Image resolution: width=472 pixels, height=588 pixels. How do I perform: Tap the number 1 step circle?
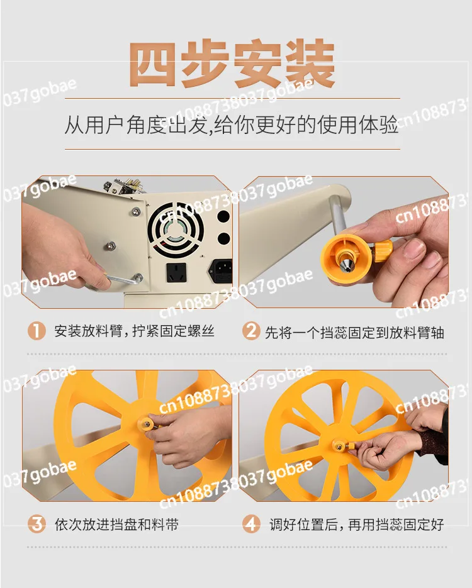(x=37, y=331)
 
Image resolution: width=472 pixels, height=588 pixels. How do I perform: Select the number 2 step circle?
(x=251, y=331)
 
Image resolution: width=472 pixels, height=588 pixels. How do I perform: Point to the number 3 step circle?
(x=37, y=524)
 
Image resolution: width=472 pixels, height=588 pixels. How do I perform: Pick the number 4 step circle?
(x=251, y=524)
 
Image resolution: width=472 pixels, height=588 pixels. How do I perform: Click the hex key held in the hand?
(x=124, y=278)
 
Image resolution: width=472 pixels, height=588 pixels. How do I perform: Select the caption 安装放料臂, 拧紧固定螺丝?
(x=134, y=331)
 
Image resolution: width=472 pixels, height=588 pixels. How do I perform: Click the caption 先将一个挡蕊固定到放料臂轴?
(x=354, y=332)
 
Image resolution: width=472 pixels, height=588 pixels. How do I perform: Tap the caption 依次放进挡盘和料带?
(x=116, y=524)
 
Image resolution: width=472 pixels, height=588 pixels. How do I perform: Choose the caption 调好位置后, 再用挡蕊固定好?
(x=356, y=524)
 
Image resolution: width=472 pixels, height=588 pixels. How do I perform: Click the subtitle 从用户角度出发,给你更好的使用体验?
(x=232, y=124)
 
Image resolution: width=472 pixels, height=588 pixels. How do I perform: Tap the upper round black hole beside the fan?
(x=223, y=217)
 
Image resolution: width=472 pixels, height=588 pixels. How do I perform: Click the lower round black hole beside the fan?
(x=223, y=239)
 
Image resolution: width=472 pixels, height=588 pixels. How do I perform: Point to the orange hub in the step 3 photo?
(x=148, y=424)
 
